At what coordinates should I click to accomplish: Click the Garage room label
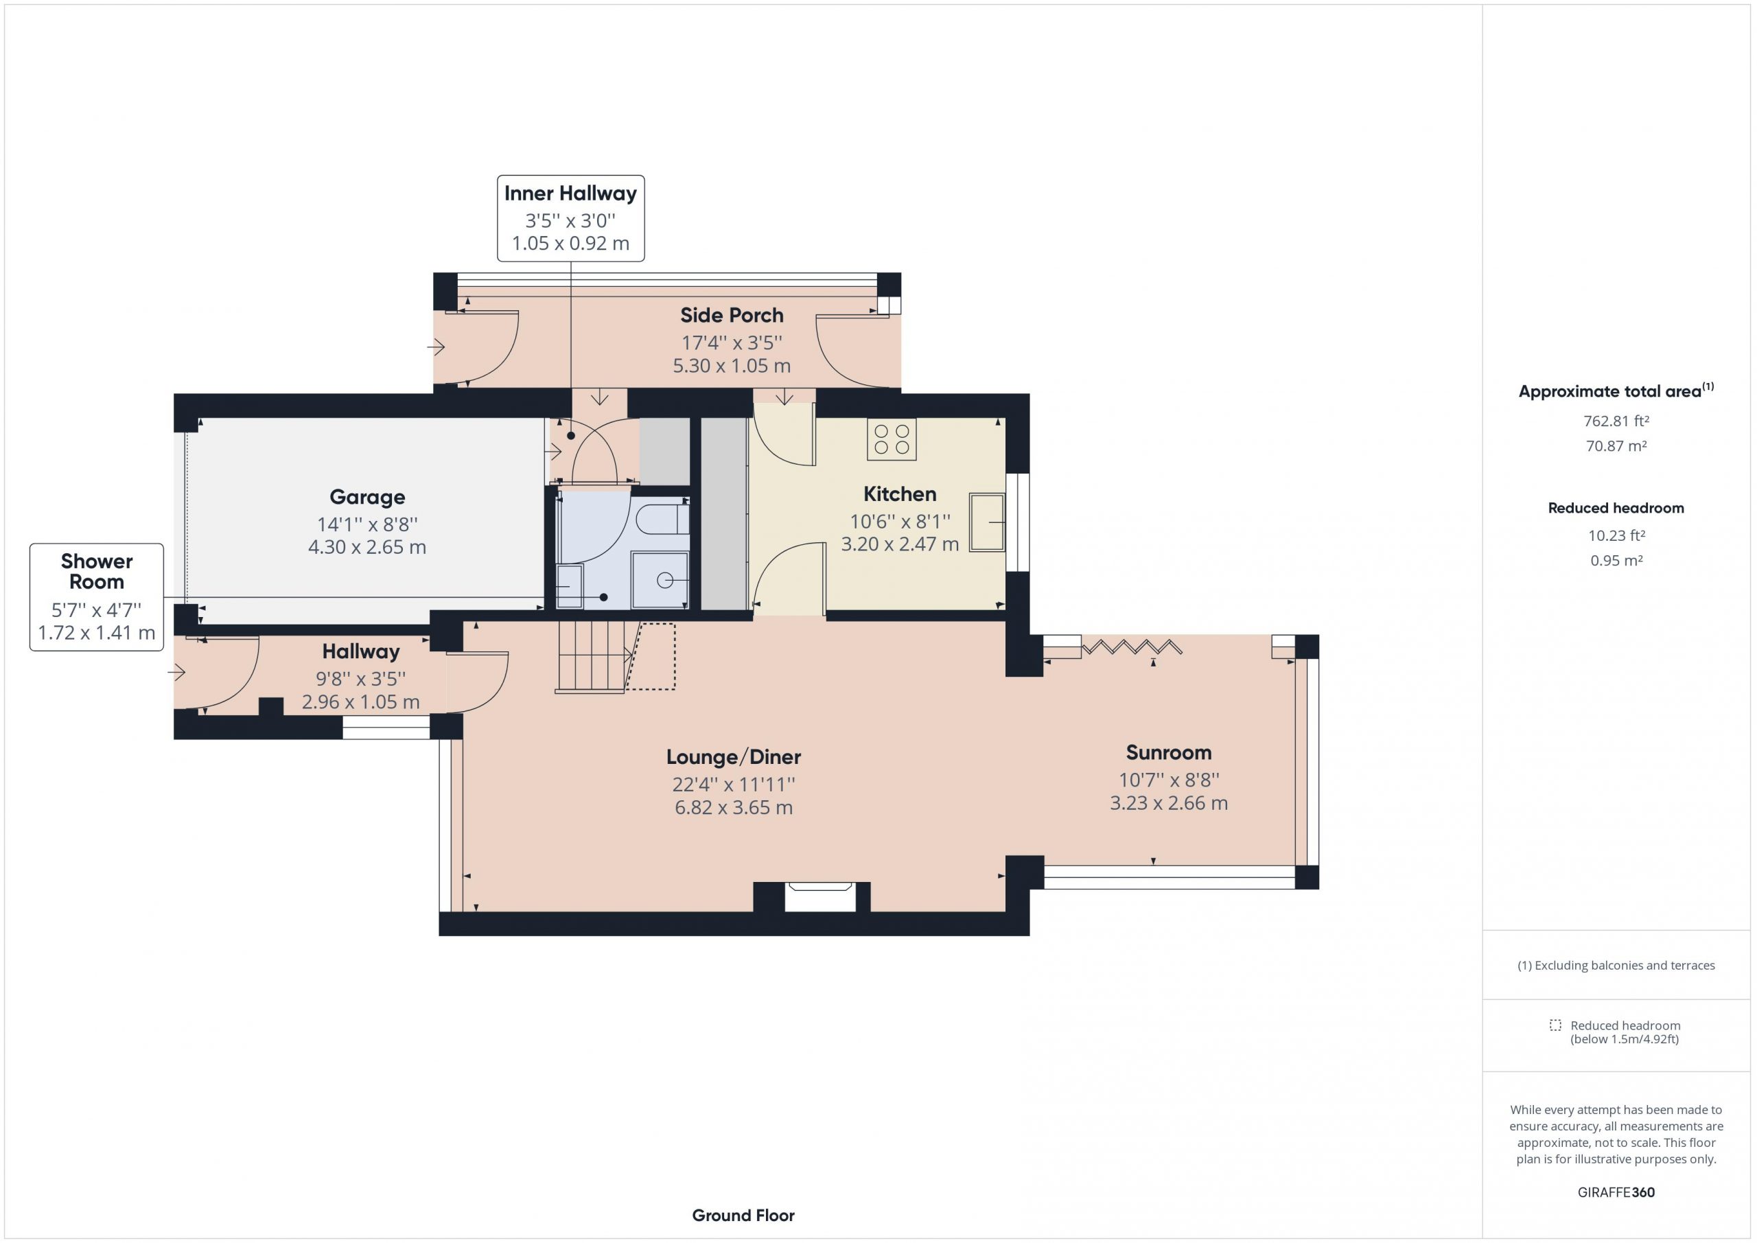coord(367,498)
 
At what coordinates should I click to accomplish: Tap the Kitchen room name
coord(900,493)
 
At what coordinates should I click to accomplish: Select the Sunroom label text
coord(1169,752)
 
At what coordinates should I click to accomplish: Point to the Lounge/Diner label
coord(733,757)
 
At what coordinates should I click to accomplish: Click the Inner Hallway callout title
coord(570,193)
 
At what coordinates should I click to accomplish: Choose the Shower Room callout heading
coord(96,571)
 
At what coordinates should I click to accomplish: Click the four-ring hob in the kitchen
coord(892,439)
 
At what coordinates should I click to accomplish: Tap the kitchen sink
coord(987,523)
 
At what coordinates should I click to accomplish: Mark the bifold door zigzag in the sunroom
coord(1131,647)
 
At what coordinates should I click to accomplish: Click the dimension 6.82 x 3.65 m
coord(733,807)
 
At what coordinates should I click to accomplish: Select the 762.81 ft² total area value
coord(1616,421)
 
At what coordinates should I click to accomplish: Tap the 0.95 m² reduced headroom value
coord(1616,560)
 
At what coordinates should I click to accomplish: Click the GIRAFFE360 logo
coord(1616,1192)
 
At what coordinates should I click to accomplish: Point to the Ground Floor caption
coord(743,1215)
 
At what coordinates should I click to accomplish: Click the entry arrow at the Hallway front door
coord(177,673)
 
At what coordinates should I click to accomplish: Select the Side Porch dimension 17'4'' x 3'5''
coord(732,343)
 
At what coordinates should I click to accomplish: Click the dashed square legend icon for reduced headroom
coord(1555,1025)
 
